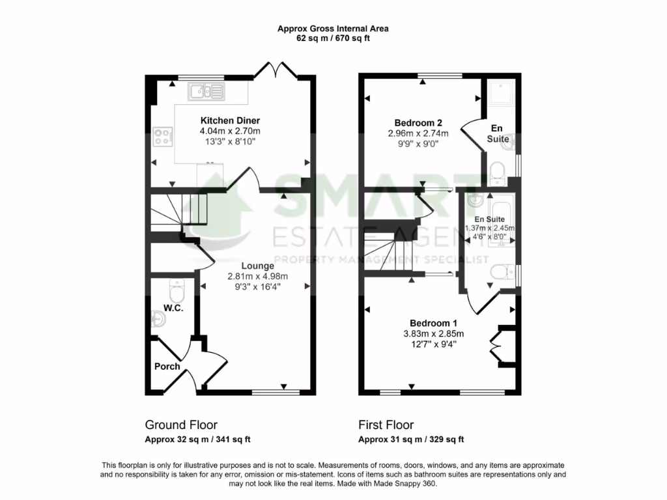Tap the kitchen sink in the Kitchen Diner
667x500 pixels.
click(x=205, y=91)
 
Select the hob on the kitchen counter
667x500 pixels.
click(x=163, y=137)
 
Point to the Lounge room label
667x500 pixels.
click(x=257, y=266)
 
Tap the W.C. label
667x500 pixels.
click(x=173, y=308)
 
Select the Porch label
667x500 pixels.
click(x=167, y=367)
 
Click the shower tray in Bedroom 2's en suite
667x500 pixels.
click(x=500, y=95)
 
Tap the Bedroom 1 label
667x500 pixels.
click(x=433, y=323)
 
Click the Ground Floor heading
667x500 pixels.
click(x=181, y=425)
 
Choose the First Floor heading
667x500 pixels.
click(x=386, y=425)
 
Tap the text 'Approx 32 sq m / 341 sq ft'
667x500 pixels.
click(x=197, y=439)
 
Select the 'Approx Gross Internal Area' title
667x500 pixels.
click(x=333, y=29)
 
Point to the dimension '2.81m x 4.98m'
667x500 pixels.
click(x=257, y=276)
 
